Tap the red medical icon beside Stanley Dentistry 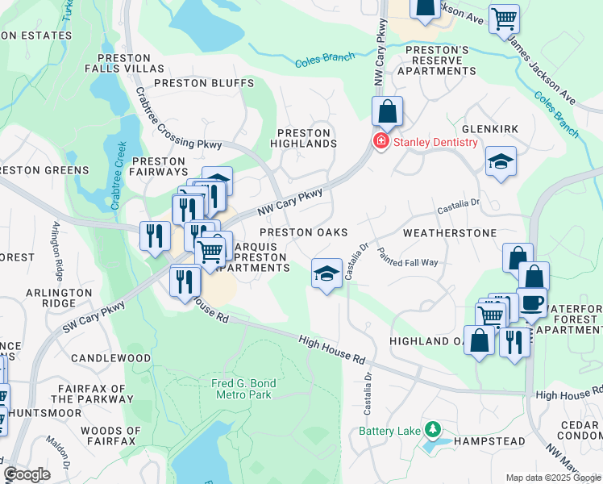(380, 142)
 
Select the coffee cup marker (532, 303)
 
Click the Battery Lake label (390, 431)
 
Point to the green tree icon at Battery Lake (433, 428)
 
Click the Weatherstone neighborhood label (450, 232)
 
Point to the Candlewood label (110, 357)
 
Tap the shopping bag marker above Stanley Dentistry (388, 111)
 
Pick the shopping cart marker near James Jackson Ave (504, 18)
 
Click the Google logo (27, 474)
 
